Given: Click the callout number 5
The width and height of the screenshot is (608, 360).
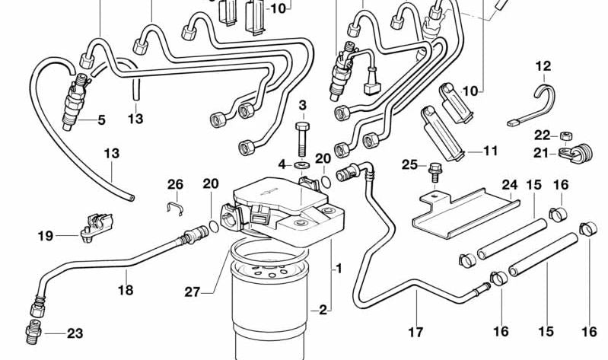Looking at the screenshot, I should (x=101, y=119).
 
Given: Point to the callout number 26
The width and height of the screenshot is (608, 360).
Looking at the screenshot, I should (x=175, y=184).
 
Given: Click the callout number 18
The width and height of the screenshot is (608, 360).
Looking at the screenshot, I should (x=126, y=289).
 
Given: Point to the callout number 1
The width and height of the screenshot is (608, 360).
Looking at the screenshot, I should (x=339, y=268).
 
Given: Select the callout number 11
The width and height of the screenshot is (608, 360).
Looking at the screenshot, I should (x=489, y=151).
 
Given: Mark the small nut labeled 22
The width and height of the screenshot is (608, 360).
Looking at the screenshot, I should (x=565, y=136).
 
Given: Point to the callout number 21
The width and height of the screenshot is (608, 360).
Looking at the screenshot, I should (x=541, y=153).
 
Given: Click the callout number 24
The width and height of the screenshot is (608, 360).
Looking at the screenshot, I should (x=509, y=184).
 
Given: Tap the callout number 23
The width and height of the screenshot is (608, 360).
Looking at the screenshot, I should (x=75, y=333).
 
